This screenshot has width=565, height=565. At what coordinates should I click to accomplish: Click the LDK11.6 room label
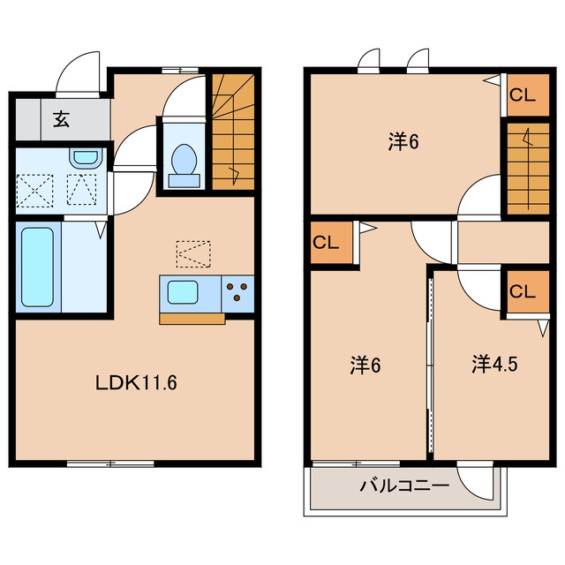pos(136,382)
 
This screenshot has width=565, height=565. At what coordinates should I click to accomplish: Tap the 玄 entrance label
pos(61,119)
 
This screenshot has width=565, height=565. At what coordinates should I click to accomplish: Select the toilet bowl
pos(185,165)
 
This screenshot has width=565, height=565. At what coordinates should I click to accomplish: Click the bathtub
pos(37,267)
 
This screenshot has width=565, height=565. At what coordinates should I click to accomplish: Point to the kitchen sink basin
pos(183,292)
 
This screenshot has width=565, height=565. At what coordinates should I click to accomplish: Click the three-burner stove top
pos(237,293)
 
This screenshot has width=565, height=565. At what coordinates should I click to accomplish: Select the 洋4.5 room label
pos(494,365)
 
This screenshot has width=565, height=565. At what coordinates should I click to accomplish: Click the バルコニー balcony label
pos(404,486)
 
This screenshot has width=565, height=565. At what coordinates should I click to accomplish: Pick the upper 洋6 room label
pos(403,141)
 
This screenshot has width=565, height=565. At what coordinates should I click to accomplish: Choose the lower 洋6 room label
pos(365,365)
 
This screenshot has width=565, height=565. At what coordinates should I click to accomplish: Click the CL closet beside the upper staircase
pos(528,95)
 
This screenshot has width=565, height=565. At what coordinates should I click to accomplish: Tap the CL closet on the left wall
pos(332,243)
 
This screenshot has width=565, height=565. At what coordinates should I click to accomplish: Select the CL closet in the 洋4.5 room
pos(528,291)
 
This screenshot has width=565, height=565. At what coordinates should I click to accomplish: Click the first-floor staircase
pos(233,132)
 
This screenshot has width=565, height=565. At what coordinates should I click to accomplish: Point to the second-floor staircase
pos(528,169)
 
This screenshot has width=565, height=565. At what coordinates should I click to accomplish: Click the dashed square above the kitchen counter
pos(193,254)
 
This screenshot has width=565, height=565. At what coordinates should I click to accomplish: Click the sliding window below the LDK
pos(110,463)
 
